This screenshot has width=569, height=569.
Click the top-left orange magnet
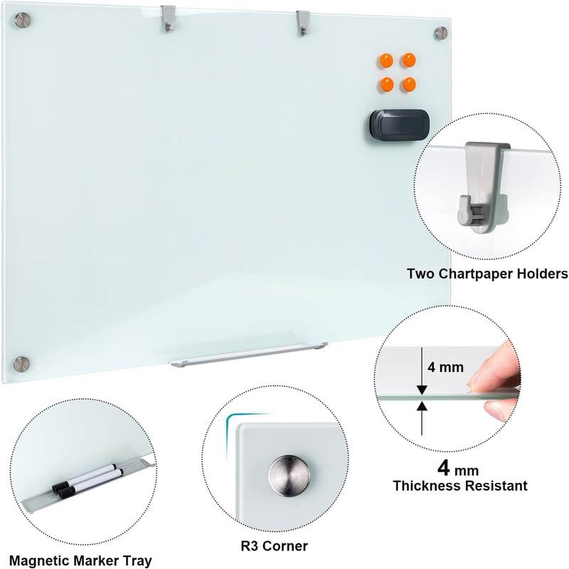point(386,60)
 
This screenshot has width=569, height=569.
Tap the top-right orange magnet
point(409,60)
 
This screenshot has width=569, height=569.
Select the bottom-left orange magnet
point(386,84)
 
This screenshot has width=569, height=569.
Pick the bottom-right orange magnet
point(409,84)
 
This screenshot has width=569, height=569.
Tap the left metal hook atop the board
point(168,19)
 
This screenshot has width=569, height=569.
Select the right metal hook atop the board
point(303,22)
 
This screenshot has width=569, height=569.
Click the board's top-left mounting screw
point(22,21)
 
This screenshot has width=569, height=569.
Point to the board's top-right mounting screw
point(441,33)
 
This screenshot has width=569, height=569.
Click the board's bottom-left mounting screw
point(23,363)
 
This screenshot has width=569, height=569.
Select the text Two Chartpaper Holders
point(486,273)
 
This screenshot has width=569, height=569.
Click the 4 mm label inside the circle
point(446,368)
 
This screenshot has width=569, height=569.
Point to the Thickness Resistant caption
point(460,486)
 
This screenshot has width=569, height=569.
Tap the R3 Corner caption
point(274,546)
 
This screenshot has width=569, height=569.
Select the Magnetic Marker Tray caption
point(80,560)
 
